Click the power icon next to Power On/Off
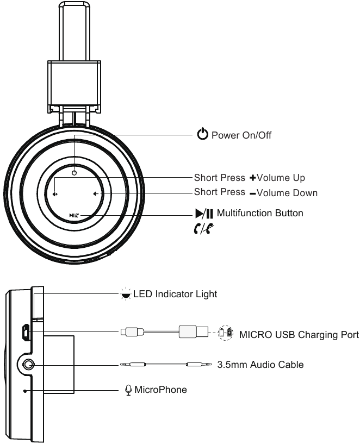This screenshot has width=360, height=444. [203, 135]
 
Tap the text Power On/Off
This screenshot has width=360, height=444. [241, 135]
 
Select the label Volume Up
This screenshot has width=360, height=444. [281, 178]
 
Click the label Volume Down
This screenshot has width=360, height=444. [287, 192]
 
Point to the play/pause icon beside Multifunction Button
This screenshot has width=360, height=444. [206, 214]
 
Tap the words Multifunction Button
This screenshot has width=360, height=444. [260, 214]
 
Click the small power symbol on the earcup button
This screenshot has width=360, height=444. [74, 173]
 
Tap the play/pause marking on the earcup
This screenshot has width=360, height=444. [74, 215]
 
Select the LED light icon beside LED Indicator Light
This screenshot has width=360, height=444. [126, 295]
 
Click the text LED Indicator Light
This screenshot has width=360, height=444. [175, 295]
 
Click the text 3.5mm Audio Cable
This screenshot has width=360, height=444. [260, 365]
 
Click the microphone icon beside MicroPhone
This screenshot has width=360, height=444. [128, 390]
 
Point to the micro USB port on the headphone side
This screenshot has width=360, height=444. [25, 332]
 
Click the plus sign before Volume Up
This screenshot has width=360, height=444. [252, 178]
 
